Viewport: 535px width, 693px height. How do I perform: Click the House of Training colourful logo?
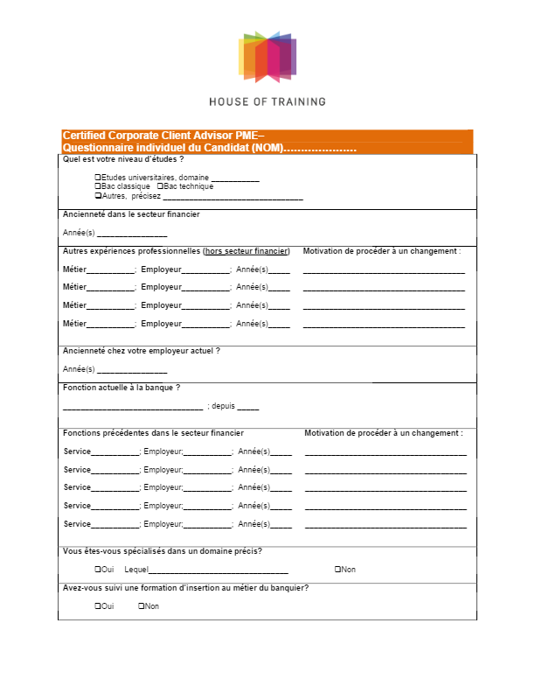point(267,55)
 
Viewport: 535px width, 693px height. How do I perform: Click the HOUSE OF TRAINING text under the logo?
point(267,101)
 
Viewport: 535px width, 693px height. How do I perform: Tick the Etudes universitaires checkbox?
point(97,178)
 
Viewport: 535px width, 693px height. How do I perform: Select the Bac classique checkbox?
point(97,186)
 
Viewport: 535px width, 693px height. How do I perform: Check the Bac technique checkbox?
point(159,186)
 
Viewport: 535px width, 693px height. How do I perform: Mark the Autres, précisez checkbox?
point(97,196)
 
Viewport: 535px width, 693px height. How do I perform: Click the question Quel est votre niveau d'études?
point(123,160)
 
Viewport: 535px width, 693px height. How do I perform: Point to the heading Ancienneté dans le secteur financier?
point(131,214)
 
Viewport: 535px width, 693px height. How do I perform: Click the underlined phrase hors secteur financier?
point(247,251)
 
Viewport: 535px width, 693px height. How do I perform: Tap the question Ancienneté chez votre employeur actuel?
point(141,351)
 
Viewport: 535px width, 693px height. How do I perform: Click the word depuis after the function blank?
point(223,407)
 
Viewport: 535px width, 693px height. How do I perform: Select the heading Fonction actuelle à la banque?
point(122,388)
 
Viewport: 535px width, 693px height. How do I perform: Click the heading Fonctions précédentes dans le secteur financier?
point(154,433)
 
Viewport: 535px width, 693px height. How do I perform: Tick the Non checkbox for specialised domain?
point(337,570)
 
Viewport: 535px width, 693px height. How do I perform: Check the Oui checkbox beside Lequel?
point(97,570)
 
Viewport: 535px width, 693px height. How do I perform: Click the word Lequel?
point(136,570)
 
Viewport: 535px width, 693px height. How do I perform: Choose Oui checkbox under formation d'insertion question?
point(97,606)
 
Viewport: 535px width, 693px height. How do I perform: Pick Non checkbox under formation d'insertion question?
point(141,606)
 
